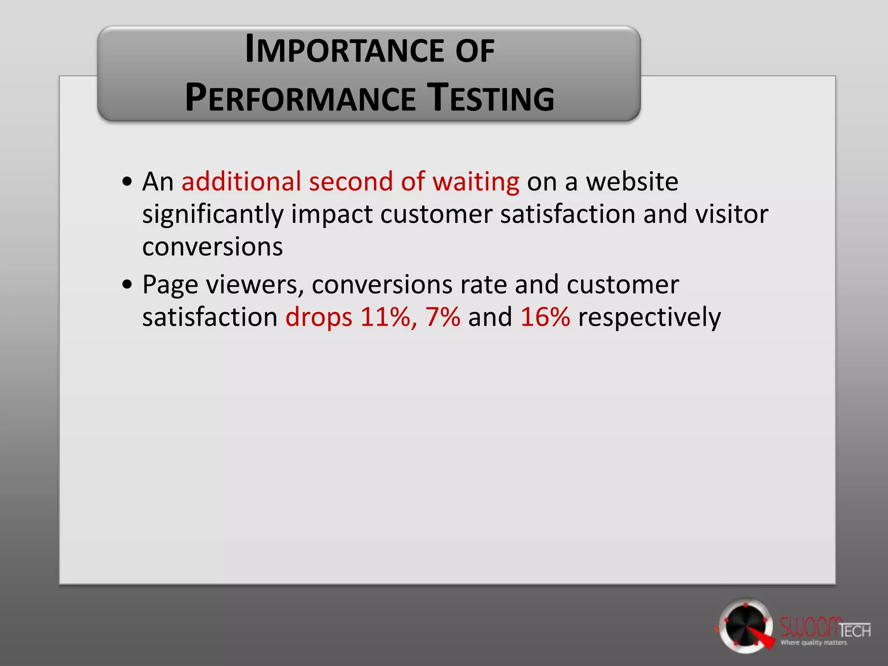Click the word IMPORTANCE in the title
pyautogui.click(x=344, y=51)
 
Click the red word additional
pyautogui.click(x=241, y=181)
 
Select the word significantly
pyautogui.click(x=212, y=215)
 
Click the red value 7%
pyautogui.click(x=443, y=317)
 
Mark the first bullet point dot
pyautogui.click(x=127, y=182)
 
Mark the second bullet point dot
pyautogui.click(x=127, y=285)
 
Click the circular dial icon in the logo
pyautogui.click(x=745, y=626)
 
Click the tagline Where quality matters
pyautogui.click(x=813, y=643)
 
